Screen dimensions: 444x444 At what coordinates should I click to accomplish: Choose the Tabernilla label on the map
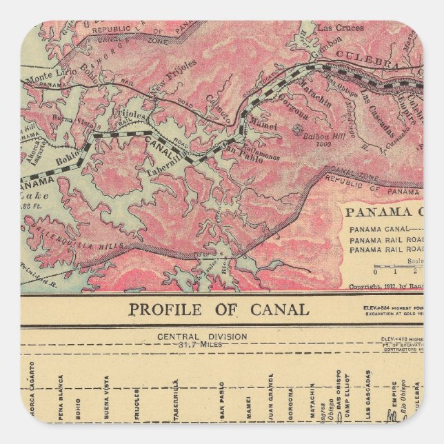click(x=168, y=156)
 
